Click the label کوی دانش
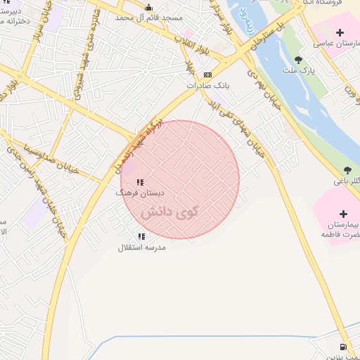(x=169, y=210)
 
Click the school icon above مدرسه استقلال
(x=142, y=236)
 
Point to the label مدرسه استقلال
(x=142, y=247)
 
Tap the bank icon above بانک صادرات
(x=207, y=75)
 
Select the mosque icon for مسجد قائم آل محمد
(x=148, y=8)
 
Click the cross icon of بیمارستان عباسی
(x=340, y=32)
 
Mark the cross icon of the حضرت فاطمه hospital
(x=343, y=214)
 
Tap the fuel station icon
(x=342, y=346)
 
